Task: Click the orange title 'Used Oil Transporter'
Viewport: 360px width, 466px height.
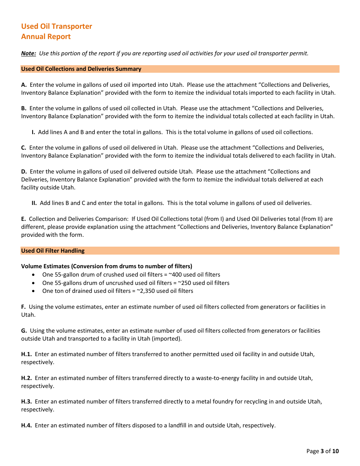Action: (56, 26)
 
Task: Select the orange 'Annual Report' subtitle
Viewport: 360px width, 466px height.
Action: (46, 36)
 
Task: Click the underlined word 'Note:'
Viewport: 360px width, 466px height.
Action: (28, 53)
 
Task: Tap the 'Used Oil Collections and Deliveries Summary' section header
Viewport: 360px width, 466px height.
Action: (81, 69)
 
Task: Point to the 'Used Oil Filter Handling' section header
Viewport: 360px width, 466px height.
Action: (53, 251)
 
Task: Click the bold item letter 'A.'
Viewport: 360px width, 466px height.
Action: (24, 85)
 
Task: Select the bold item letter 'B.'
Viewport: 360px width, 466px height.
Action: (24, 108)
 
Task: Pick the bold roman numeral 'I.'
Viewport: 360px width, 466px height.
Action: (33, 132)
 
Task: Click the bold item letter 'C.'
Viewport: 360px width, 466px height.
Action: (24, 148)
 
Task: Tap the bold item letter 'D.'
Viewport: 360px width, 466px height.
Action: (24, 172)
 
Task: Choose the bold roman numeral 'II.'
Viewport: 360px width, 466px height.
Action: (34, 203)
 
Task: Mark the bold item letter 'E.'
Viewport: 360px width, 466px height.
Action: (23, 219)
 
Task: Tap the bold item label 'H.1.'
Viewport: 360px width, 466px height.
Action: (27, 354)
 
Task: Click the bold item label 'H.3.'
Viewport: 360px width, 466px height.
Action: (27, 402)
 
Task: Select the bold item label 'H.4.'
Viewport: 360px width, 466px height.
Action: (27, 425)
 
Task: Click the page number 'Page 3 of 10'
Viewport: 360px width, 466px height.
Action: (322, 451)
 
